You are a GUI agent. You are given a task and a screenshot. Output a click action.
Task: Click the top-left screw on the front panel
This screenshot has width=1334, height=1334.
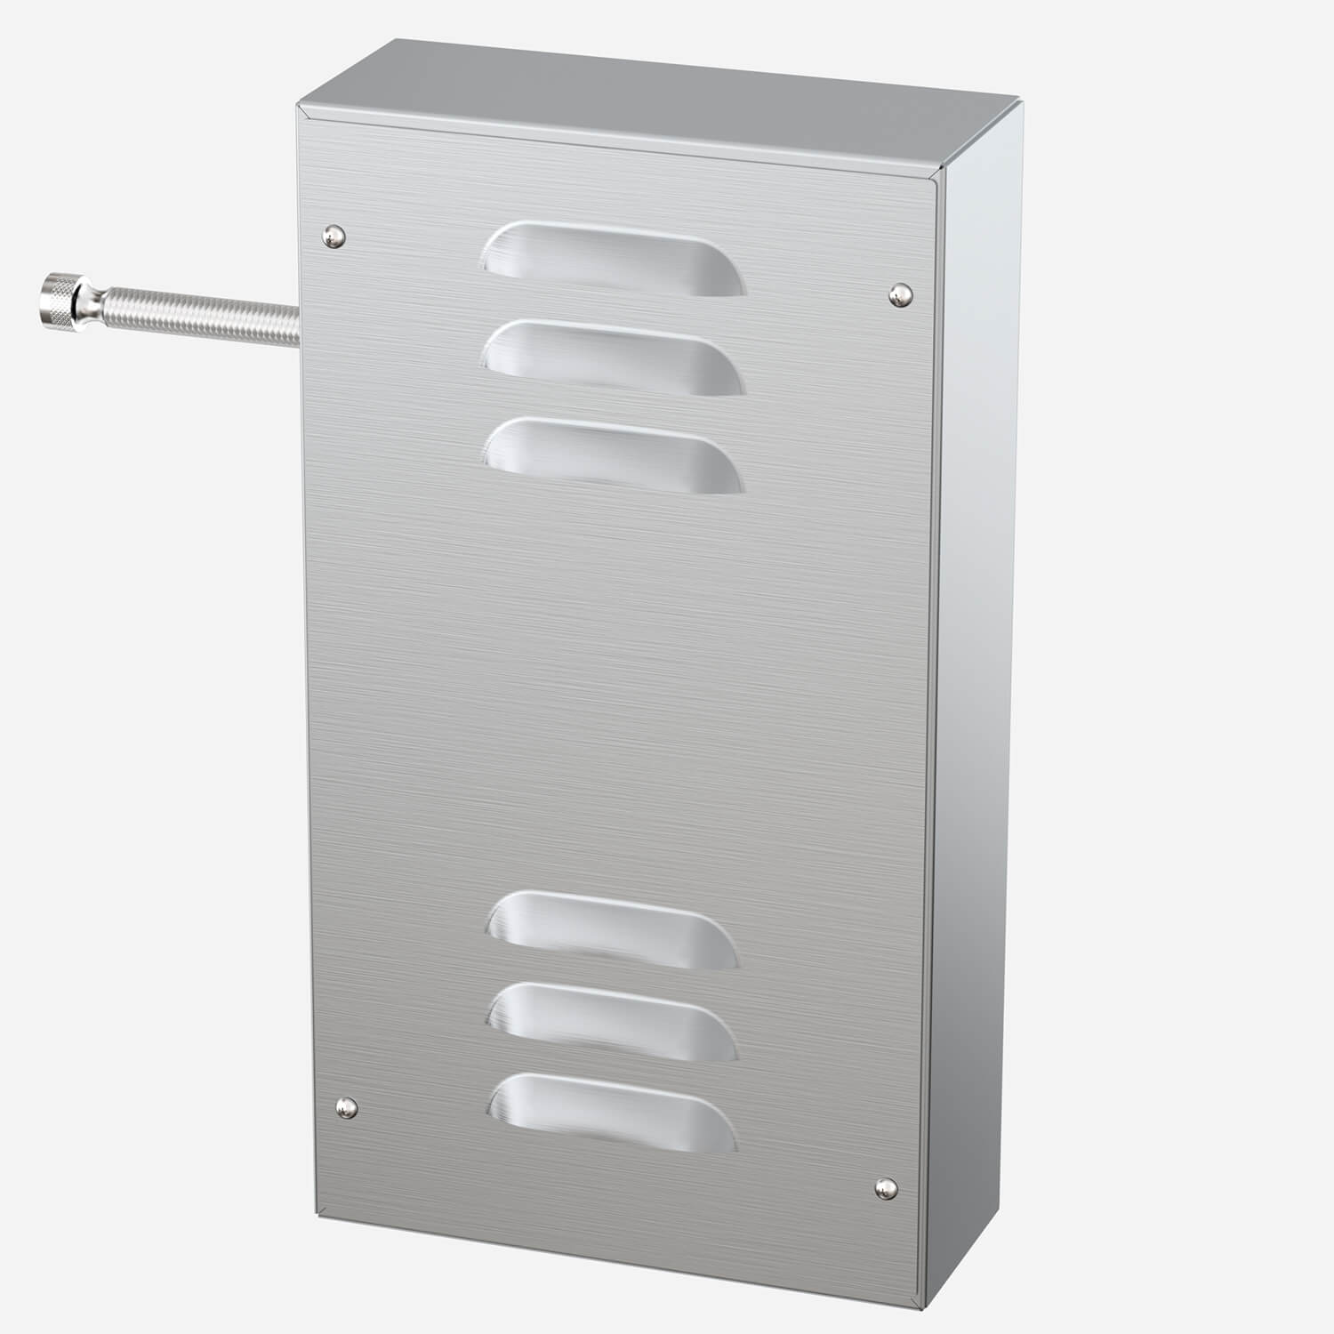[333, 235]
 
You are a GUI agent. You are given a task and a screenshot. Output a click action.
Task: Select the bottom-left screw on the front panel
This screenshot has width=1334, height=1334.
[346, 1107]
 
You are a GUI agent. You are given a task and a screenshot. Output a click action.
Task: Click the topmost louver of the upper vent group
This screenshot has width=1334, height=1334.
[613, 259]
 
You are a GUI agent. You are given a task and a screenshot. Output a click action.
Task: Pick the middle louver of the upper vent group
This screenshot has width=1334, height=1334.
[613, 358]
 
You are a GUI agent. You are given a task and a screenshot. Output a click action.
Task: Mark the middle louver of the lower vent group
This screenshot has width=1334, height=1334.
[613, 1022]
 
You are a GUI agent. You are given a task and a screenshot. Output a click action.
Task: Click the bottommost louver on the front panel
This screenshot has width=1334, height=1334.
[613, 1112]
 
